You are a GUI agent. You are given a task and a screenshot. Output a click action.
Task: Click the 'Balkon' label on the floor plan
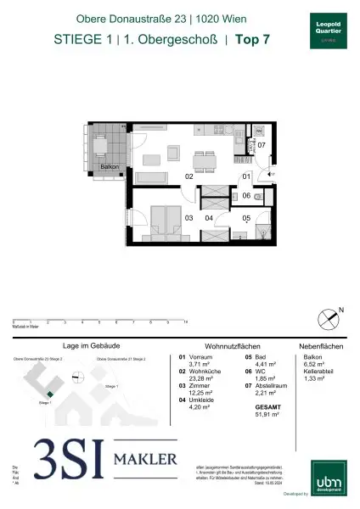point(110,167)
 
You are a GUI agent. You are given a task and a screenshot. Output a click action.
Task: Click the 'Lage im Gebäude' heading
point(87,346)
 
